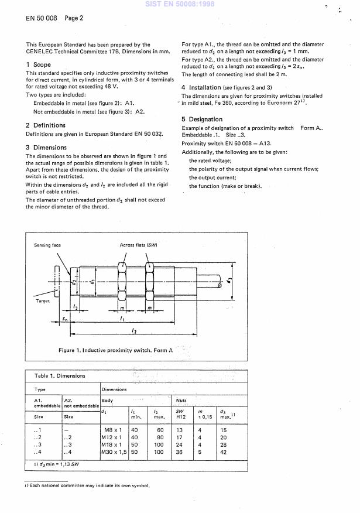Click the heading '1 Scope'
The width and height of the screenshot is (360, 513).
pyautogui.click(x=39, y=64)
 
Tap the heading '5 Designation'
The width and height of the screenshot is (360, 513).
pyautogui.click(x=202, y=119)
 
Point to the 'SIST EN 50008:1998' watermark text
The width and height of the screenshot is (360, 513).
pyautogui.click(x=180, y=4)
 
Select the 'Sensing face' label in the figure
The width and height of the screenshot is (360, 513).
pyautogui.click(x=47, y=245)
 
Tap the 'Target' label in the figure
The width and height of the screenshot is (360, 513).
pyautogui.click(x=43, y=300)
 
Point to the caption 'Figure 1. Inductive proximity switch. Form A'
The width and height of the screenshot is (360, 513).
pyautogui.click(x=116, y=350)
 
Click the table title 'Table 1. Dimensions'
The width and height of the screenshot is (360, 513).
pyautogui.click(x=60, y=375)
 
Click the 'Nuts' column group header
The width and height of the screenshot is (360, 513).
pyautogui.click(x=182, y=401)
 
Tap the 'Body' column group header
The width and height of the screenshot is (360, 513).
pyautogui.click(x=108, y=401)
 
